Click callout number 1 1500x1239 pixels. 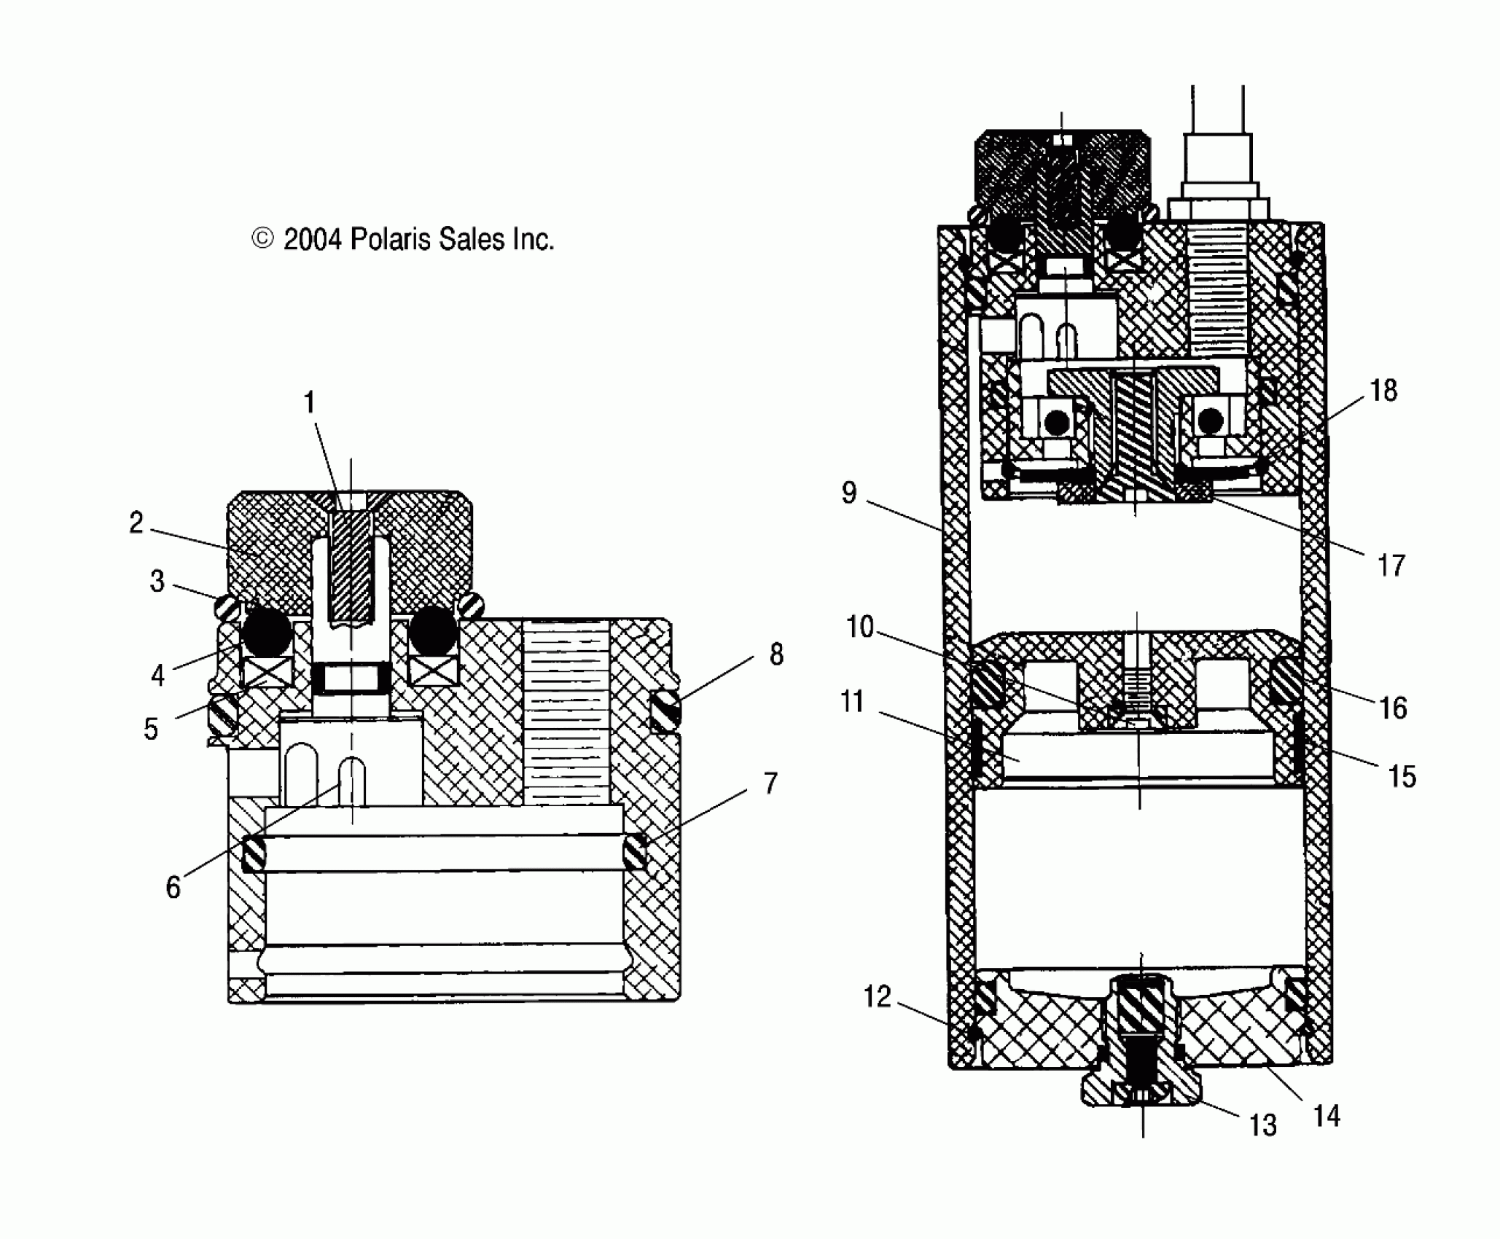[309, 402]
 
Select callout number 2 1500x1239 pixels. [136, 523]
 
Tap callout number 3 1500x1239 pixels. [157, 582]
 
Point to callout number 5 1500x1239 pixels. [151, 728]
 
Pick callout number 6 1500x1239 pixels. [173, 887]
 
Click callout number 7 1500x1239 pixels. [771, 783]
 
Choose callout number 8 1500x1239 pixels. [776, 654]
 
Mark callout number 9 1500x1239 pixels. [849, 493]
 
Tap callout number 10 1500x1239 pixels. [860, 627]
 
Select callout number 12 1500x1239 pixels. [878, 996]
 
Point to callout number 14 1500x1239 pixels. [1327, 1116]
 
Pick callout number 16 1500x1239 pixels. [1393, 708]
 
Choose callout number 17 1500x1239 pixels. [1391, 565]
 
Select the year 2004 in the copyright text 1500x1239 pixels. [312, 239]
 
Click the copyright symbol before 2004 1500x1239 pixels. [262, 239]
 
